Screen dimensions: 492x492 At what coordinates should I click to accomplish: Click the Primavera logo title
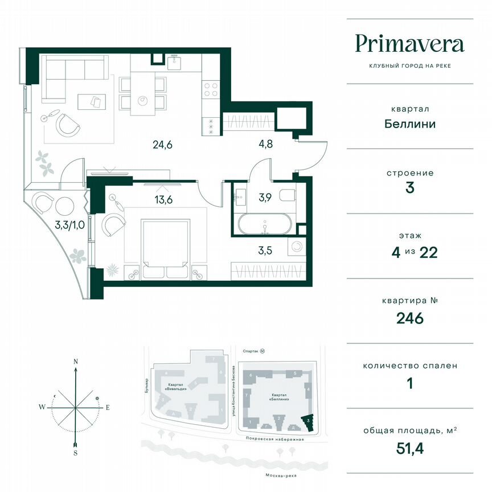point(409,44)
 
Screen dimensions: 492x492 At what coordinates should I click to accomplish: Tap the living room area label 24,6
point(162,145)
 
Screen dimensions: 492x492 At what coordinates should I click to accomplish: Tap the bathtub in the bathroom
point(265,224)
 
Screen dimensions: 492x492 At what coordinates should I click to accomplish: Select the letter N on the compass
point(75,362)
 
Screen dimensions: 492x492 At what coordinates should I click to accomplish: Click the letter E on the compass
point(108,407)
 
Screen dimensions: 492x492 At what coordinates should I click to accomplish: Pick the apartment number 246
point(409,318)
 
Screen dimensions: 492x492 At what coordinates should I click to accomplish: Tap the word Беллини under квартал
point(409,124)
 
